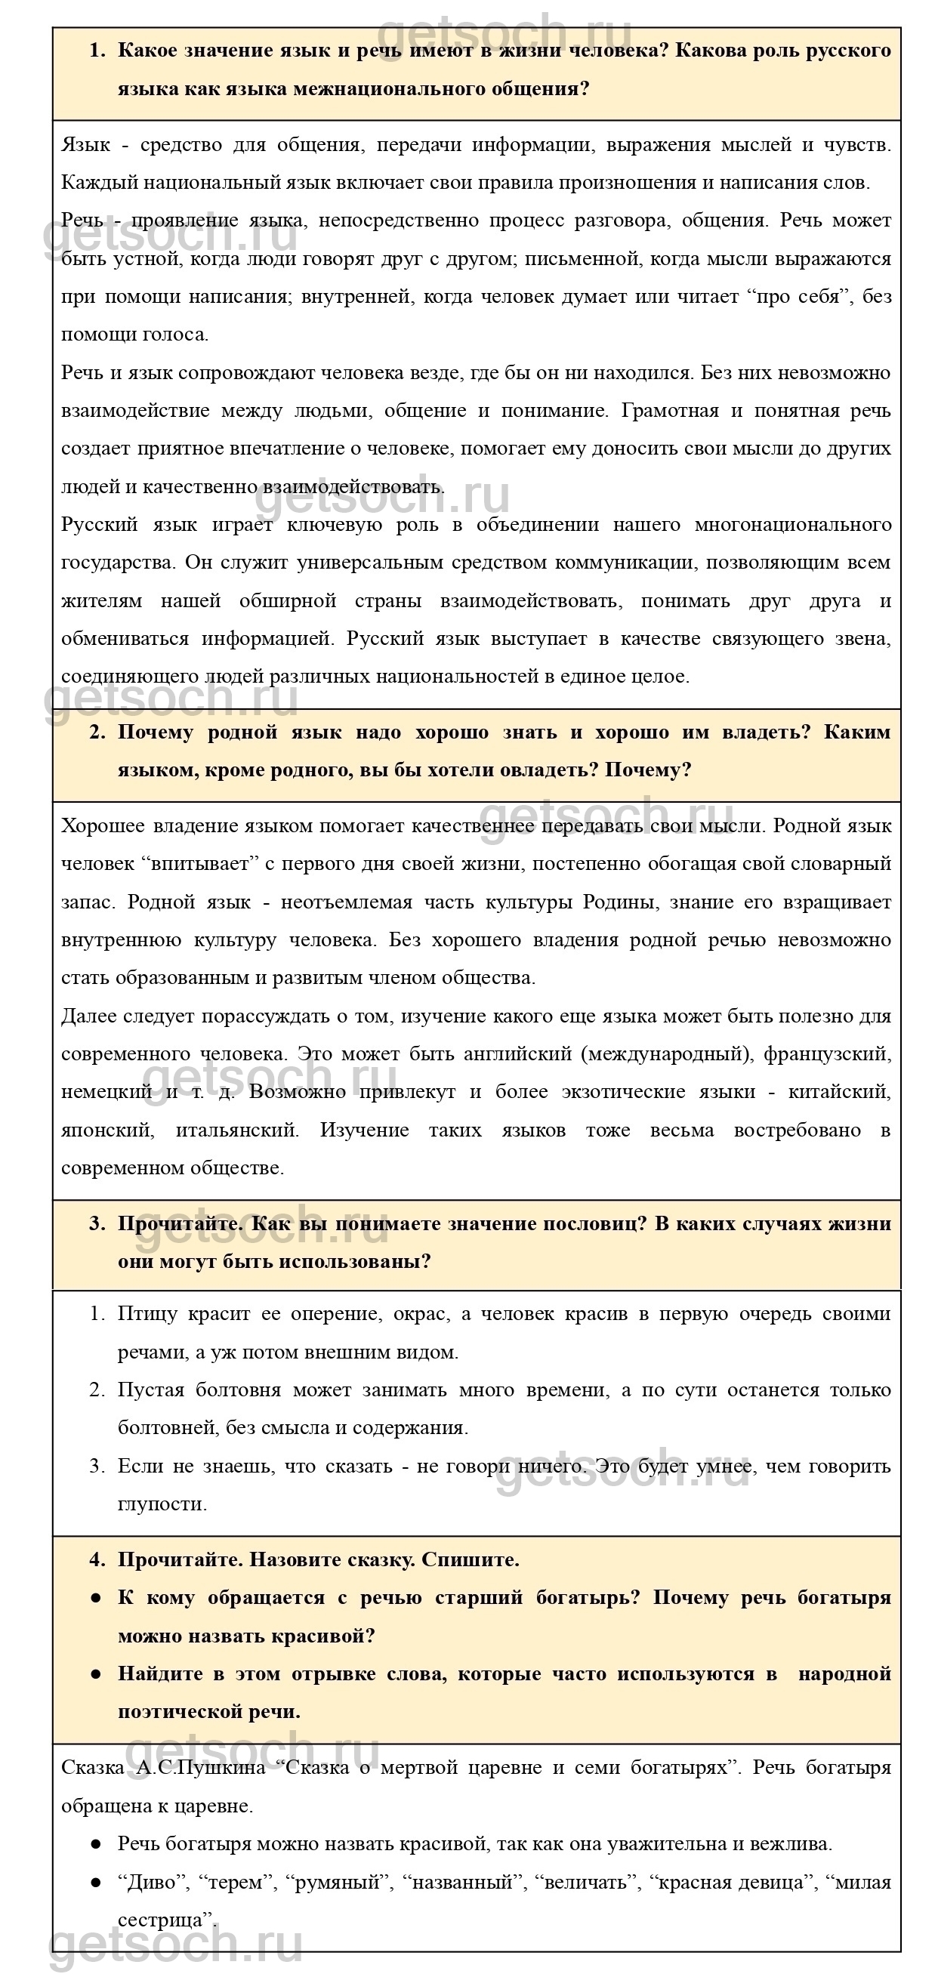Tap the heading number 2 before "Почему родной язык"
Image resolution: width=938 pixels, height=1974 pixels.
(x=97, y=733)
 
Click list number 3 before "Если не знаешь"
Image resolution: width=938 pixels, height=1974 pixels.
(x=97, y=1467)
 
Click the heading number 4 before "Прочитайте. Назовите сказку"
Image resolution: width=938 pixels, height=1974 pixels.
(x=97, y=1560)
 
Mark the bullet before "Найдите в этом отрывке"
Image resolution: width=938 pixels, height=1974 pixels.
(x=96, y=1674)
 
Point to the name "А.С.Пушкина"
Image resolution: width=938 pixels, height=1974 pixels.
(x=201, y=1768)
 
